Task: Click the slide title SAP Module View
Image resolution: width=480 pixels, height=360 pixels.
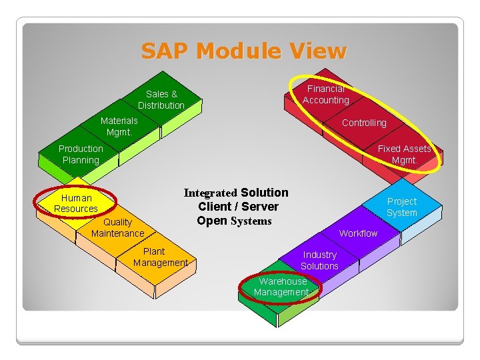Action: pyautogui.click(x=244, y=51)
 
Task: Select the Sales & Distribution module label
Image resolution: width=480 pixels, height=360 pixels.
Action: pyautogui.click(x=161, y=100)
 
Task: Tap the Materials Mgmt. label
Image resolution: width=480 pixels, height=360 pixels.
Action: pyautogui.click(x=119, y=126)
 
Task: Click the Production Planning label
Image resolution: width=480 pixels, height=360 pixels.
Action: pyautogui.click(x=81, y=154)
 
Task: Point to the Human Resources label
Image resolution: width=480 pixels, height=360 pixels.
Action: pyautogui.click(x=76, y=203)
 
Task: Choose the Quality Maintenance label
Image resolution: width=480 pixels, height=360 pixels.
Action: pyautogui.click(x=117, y=227)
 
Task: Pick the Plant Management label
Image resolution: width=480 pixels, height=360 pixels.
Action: pyautogui.click(x=160, y=257)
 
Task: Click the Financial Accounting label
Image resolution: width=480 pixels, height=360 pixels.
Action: pyautogui.click(x=326, y=95)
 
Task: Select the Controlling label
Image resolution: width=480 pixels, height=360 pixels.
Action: pyautogui.click(x=364, y=123)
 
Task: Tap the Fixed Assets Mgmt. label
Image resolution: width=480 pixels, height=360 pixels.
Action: pyautogui.click(x=404, y=154)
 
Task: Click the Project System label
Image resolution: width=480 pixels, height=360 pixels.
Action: pyautogui.click(x=402, y=207)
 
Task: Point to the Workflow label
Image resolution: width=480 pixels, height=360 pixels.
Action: pyautogui.click(x=358, y=233)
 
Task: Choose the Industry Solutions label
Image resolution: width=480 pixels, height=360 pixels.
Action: pyautogui.click(x=319, y=260)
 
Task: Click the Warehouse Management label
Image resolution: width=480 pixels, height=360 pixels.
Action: pyautogui.click(x=281, y=287)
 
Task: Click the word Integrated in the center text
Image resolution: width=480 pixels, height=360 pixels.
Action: pyautogui.click(x=211, y=193)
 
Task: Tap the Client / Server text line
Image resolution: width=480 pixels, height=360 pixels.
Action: pyautogui.click(x=238, y=207)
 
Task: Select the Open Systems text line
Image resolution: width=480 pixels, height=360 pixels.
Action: pyautogui.click(x=234, y=221)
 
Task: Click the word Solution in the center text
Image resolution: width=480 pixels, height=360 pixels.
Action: pyautogui.click(x=265, y=193)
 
